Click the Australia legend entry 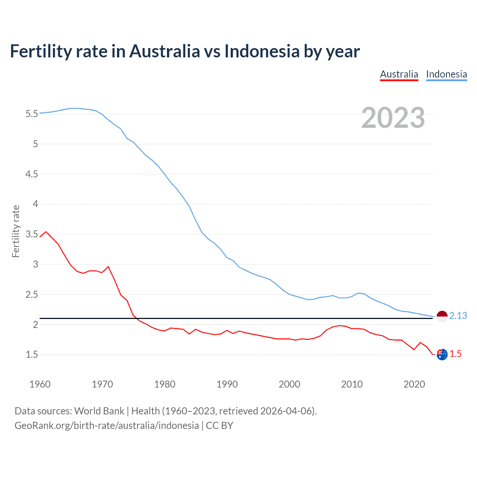(x=399, y=74)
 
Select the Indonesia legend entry (x=446, y=74)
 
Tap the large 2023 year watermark (x=393, y=118)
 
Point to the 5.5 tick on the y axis (x=32, y=114)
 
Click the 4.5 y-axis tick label (x=32, y=174)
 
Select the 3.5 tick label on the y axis (x=32, y=234)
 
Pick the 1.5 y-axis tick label (x=32, y=354)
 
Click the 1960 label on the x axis (x=40, y=384)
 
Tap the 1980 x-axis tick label (x=165, y=384)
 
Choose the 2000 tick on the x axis (x=289, y=384)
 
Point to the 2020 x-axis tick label (x=414, y=384)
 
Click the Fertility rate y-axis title (x=16, y=231)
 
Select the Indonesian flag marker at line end (x=442, y=316)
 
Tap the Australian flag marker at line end (x=442, y=355)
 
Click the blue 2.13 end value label (x=458, y=316)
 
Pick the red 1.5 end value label (x=455, y=354)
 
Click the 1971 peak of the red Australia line (x=108, y=266)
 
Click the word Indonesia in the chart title (x=262, y=51)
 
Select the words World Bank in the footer (x=99, y=411)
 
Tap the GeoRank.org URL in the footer (x=107, y=426)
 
